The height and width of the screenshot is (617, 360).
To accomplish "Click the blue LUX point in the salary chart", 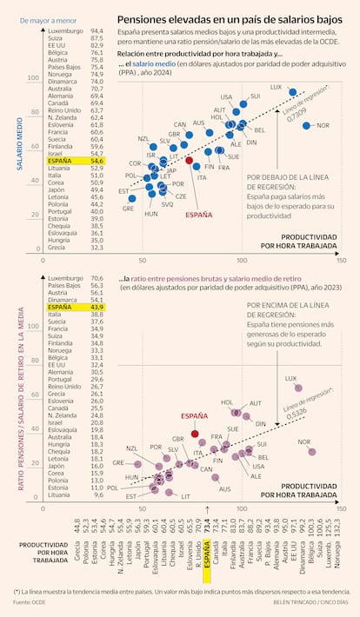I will click(293, 92).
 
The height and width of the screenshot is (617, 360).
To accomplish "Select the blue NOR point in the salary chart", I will click(307, 125).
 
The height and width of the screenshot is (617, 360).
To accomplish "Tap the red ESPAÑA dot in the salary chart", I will click(190, 161).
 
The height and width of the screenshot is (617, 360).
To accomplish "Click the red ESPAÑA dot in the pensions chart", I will click(195, 433).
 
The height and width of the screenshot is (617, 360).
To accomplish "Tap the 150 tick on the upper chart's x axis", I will click(340, 259).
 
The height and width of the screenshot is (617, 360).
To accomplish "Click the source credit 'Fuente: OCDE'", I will click(28, 601).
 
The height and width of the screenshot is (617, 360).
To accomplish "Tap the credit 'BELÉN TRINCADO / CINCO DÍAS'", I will click(300, 601).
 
